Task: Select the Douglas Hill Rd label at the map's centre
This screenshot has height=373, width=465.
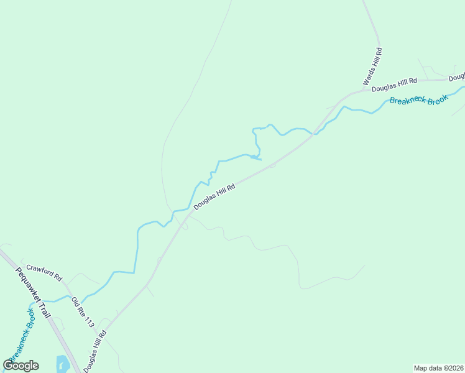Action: coord(214,196)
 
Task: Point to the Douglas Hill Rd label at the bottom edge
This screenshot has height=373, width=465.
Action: coord(95,351)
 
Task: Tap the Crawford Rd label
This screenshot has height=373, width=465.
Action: coord(45,271)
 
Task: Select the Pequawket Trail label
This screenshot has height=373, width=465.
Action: coord(32,292)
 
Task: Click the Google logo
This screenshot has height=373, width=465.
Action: coord(21,366)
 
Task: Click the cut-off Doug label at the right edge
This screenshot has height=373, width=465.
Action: coord(457,77)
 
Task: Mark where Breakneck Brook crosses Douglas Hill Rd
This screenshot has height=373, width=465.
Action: coord(316,132)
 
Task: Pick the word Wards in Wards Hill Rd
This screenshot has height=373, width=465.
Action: coord(368,78)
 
